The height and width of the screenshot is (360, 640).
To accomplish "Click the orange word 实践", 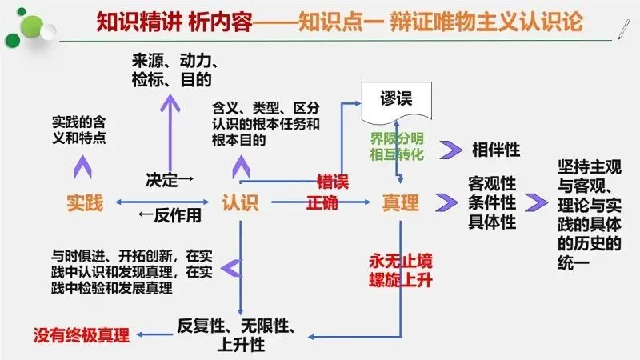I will click(x=85, y=203).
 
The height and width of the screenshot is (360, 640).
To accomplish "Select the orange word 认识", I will click(x=240, y=203).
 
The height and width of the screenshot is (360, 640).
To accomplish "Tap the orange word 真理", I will click(x=400, y=203).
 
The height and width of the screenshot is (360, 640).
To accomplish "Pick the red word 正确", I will click(x=322, y=203).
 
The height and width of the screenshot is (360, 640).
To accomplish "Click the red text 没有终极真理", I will click(x=81, y=331).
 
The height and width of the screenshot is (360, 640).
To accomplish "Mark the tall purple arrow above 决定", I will click(x=170, y=124).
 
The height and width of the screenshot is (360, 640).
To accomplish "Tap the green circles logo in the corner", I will click(x=24, y=21).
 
